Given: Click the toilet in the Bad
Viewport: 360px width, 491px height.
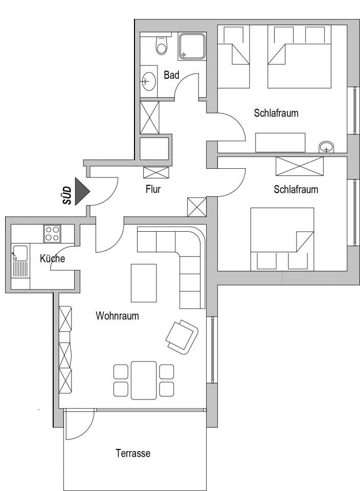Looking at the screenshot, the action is [x=162, y=44].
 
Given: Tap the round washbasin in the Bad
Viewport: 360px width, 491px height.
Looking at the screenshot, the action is [x=148, y=81].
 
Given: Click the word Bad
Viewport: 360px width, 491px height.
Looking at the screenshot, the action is [x=171, y=75].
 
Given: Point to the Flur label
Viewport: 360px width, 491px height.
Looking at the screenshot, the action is [x=153, y=189].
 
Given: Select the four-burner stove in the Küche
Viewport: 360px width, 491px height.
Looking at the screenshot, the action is [x=52, y=234].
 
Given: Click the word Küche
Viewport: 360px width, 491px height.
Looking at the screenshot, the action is [x=53, y=259].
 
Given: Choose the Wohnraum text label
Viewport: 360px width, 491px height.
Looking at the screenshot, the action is [x=117, y=316].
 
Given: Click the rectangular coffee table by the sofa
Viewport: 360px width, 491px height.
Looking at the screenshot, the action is [x=144, y=283].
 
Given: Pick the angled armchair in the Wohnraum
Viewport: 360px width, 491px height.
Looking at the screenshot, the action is [x=182, y=337].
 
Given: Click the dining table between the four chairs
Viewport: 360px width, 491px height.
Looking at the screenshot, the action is [x=144, y=380].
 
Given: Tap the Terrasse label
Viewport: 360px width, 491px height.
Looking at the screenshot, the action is [x=133, y=453].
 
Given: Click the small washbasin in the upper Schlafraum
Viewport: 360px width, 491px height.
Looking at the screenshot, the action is [x=326, y=147].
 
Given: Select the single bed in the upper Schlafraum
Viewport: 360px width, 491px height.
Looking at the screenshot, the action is [x=234, y=56].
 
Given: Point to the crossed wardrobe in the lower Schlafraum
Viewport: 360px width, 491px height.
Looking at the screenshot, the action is [x=300, y=166].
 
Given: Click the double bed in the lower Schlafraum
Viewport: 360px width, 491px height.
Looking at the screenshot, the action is [x=282, y=239].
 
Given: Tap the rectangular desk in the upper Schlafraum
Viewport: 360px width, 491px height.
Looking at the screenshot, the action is [x=280, y=143].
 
